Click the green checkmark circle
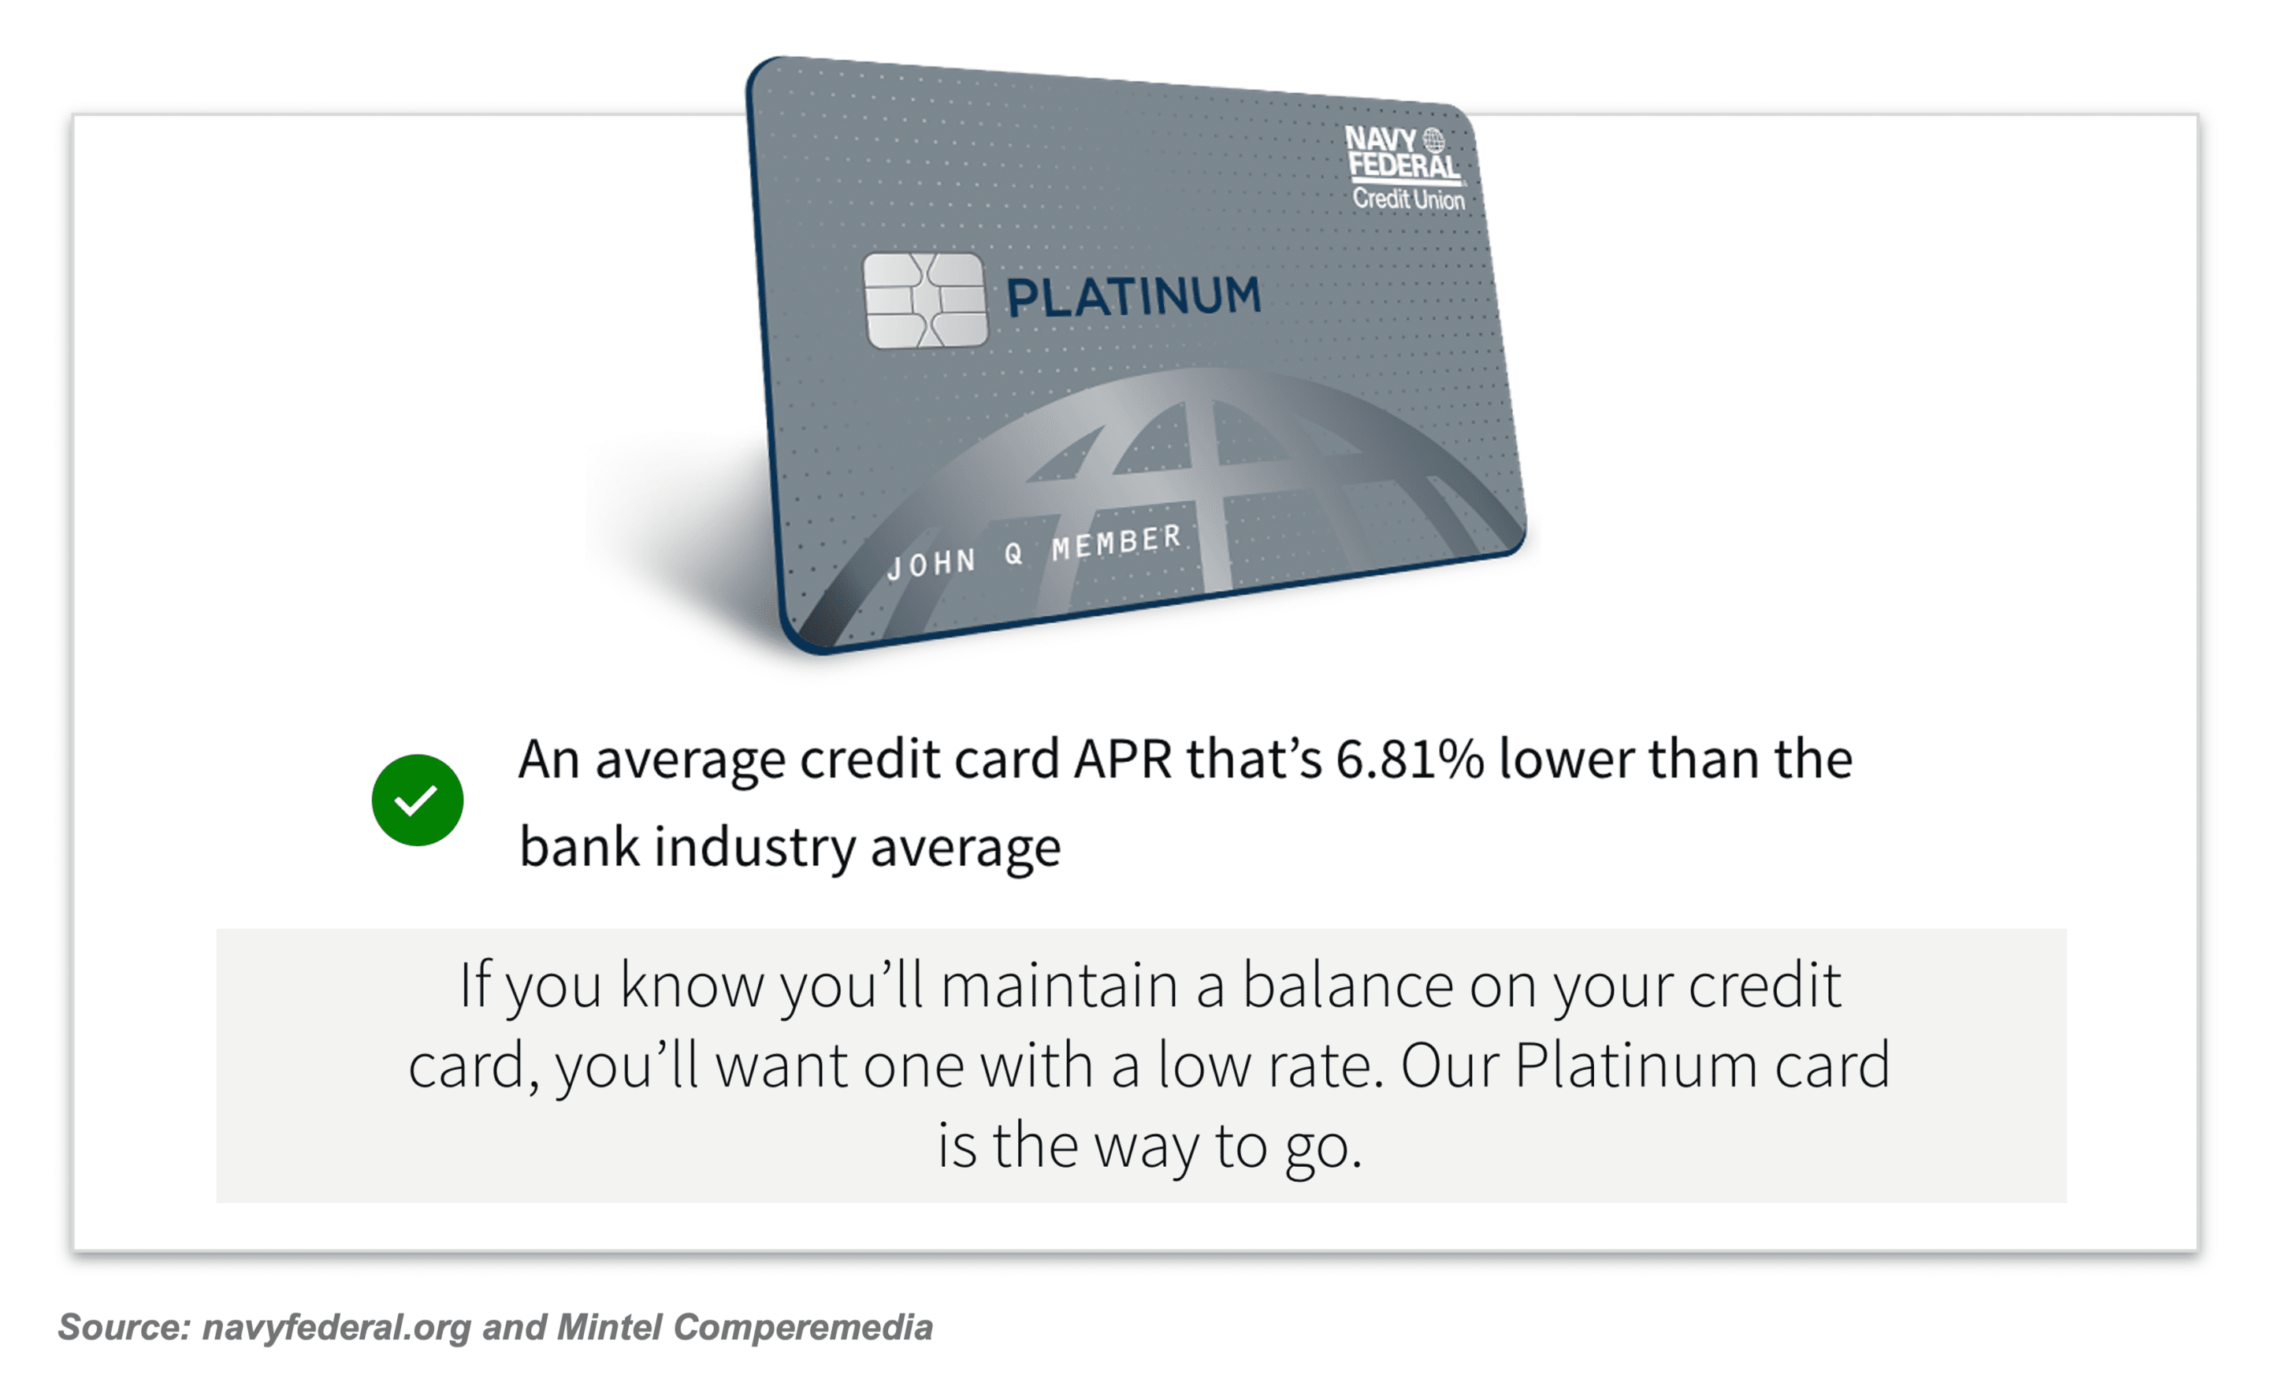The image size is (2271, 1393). [x=418, y=800]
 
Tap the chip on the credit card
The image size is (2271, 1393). [x=924, y=300]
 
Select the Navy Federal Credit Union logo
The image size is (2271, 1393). [x=1405, y=168]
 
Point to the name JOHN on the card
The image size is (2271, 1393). [x=931, y=562]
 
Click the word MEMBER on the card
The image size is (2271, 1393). [x=1116, y=542]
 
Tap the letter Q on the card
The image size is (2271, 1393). [x=1014, y=553]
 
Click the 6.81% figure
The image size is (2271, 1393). [x=1411, y=760]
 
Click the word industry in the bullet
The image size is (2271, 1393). [x=755, y=848]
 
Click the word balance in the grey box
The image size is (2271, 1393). [x=1347, y=985]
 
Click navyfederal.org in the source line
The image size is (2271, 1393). [x=336, y=1328]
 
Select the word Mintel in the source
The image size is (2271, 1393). [x=609, y=1328]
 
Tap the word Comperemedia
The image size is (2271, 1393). [x=803, y=1328]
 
